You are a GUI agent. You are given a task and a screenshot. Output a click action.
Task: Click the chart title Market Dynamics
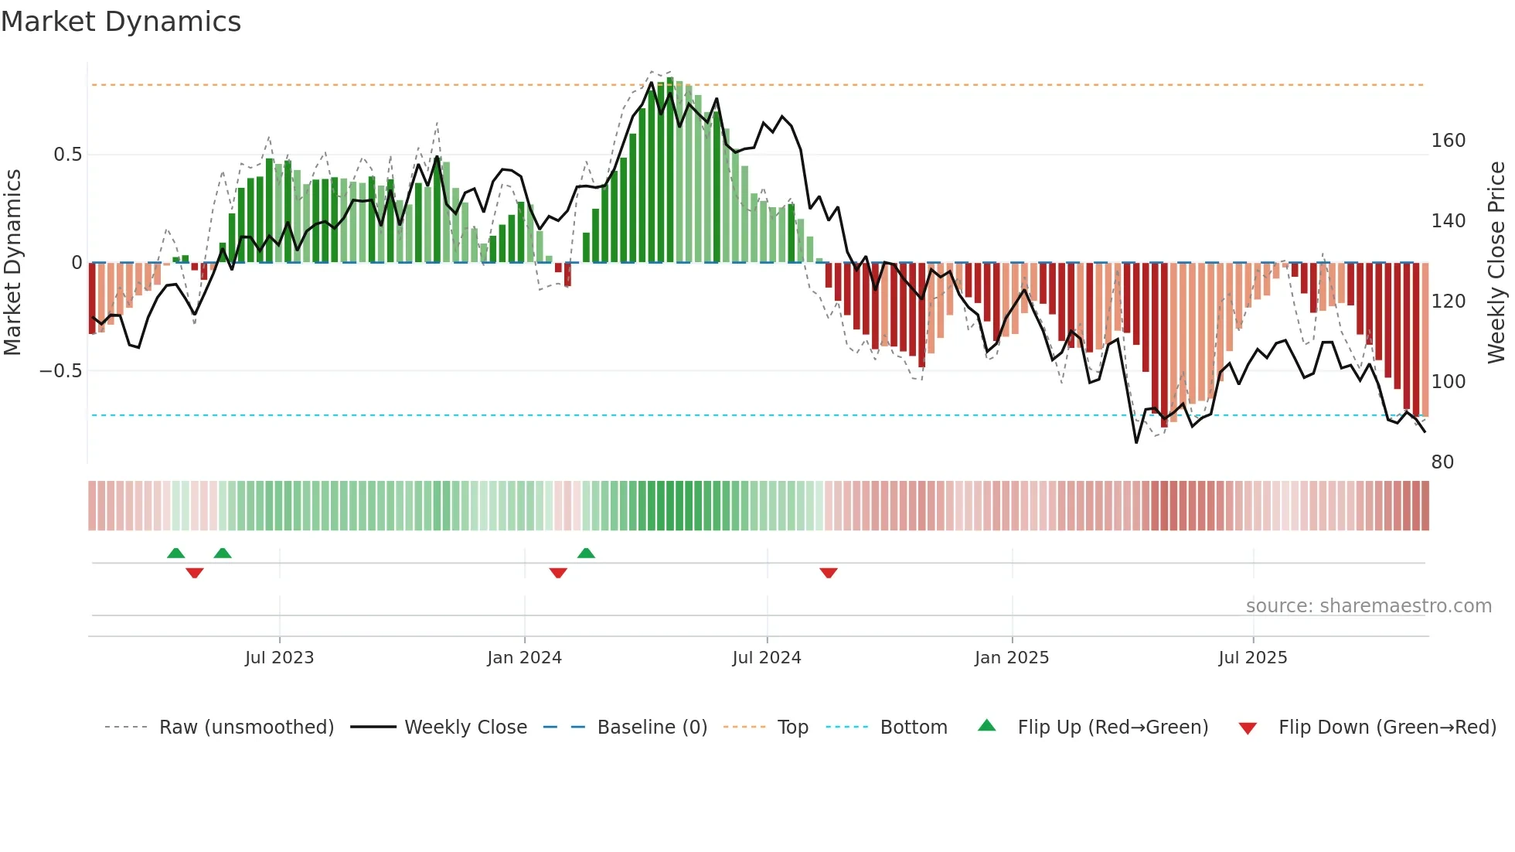point(121,22)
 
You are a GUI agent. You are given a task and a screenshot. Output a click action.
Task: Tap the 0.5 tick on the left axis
point(67,155)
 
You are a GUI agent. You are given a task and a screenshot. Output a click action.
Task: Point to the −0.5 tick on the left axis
point(61,371)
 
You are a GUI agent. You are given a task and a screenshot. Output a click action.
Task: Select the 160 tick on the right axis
point(1448,141)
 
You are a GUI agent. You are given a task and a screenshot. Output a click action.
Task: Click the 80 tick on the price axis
point(1442,462)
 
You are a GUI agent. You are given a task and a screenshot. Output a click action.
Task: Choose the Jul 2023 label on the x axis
point(279,658)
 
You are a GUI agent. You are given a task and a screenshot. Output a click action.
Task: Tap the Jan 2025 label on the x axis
point(1011,658)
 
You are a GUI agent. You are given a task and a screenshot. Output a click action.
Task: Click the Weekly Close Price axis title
point(1496,263)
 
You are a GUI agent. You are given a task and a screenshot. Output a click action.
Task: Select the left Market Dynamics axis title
point(13,263)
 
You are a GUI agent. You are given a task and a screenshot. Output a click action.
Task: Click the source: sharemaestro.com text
point(1368,606)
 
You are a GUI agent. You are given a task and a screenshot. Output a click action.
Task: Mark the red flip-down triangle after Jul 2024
point(829,573)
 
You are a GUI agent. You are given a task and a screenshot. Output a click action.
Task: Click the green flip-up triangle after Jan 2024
point(586,553)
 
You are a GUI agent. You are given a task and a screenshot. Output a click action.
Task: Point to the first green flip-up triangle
point(176,553)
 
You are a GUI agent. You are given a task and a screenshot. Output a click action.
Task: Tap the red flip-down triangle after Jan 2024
point(558,573)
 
